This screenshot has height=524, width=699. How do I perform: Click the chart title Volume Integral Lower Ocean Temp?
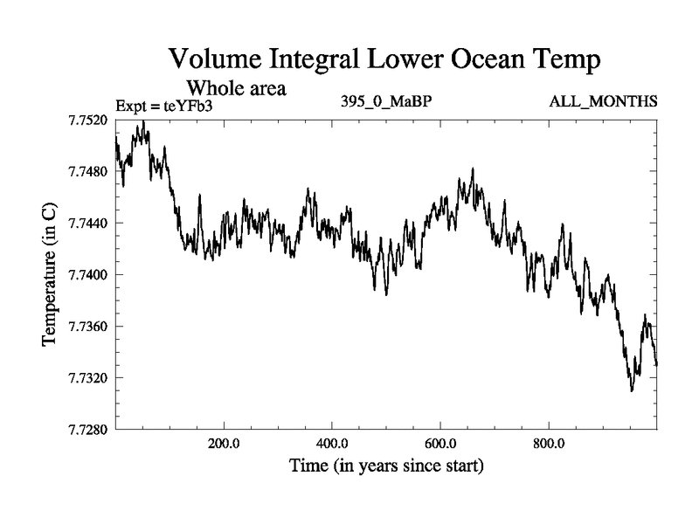click(x=384, y=60)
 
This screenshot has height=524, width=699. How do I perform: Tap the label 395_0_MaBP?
click(x=386, y=101)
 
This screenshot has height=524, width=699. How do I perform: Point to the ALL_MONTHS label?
click(x=603, y=101)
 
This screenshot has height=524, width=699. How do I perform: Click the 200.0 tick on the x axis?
click(x=224, y=443)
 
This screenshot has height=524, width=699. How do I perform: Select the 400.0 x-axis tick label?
click(x=332, y=443)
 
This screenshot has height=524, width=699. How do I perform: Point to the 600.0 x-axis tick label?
click(x=440, y=443)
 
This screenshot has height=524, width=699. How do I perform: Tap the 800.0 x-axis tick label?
click(x=549, y=443)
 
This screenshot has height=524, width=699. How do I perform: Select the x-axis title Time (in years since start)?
click(x=385, y=466)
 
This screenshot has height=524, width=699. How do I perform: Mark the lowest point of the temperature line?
click(x=631, y=390)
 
